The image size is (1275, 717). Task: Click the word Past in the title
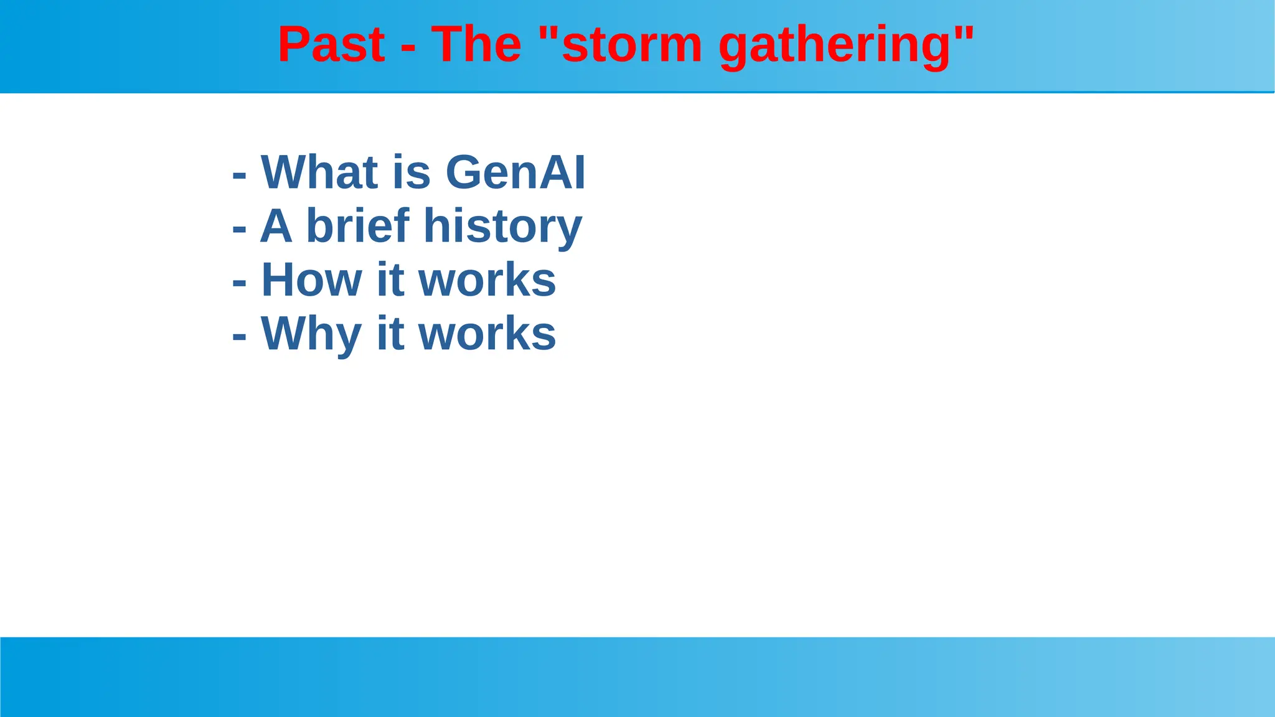point(331,45)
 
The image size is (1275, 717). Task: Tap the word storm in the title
point(631,45)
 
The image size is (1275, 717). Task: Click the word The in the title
point(476,45)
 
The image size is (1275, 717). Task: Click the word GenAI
point(515,172)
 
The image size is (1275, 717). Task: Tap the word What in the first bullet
point(319,172)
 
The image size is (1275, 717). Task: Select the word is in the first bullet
point(412,172)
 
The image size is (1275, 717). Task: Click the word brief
point(358,226)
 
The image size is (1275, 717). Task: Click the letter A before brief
point(276,226)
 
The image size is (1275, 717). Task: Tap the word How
point(311,280)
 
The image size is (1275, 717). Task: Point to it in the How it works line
point(390,280)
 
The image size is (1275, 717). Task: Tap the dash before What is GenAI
point(239,176)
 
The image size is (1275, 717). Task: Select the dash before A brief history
point(239,230)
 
